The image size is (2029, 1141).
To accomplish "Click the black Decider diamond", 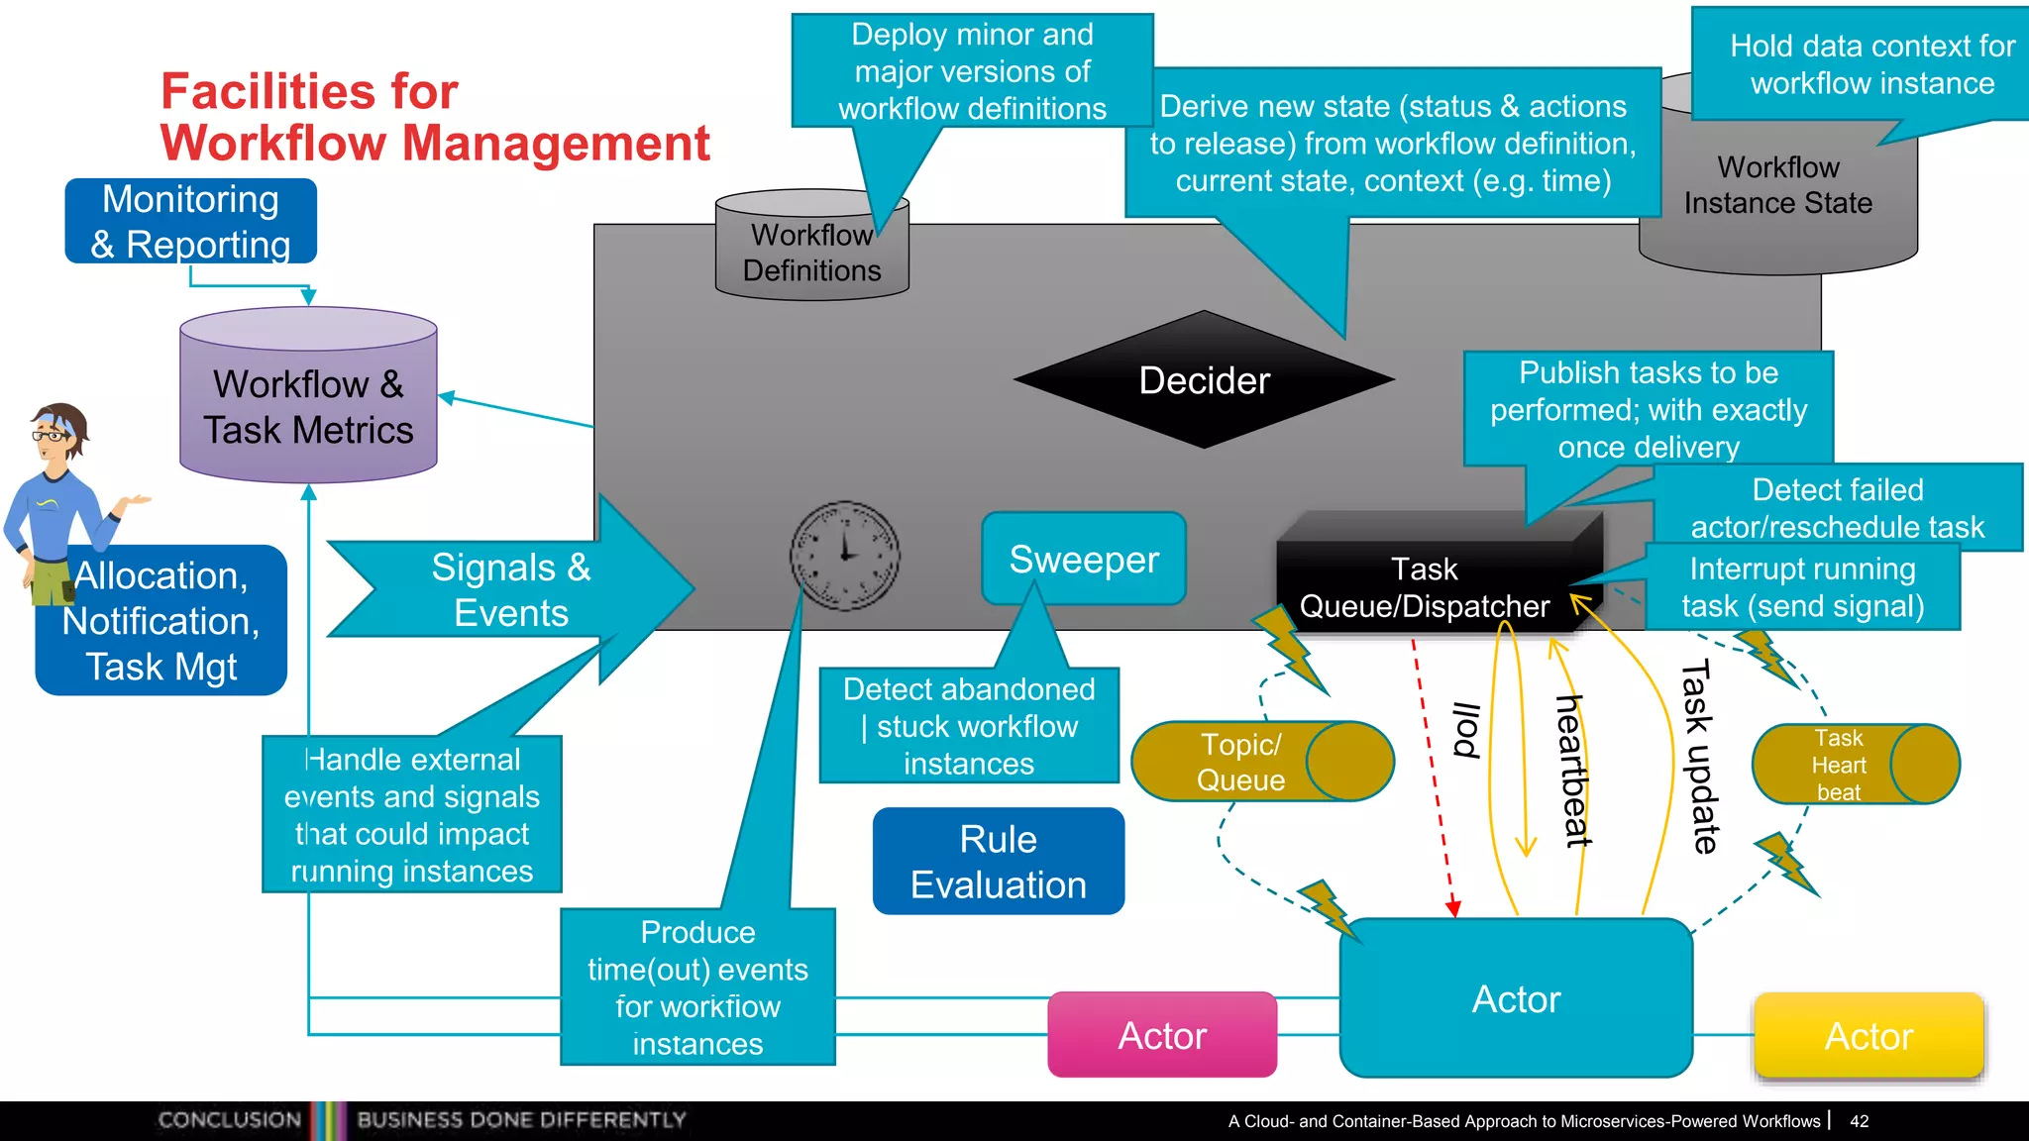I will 1204,380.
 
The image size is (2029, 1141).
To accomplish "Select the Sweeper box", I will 1084,560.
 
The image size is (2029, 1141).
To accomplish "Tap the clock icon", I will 844,556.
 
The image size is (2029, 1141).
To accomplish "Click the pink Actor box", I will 1162,1036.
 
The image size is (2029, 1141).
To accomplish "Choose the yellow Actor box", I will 1869,1036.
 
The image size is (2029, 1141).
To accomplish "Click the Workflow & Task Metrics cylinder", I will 308,406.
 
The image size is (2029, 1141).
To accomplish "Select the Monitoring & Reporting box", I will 191,222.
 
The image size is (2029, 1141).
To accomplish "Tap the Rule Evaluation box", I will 999,862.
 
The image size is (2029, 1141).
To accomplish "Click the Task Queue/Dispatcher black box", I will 1425,587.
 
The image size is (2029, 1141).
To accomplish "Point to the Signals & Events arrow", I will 511,590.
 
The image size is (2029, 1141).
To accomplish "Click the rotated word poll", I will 1465,730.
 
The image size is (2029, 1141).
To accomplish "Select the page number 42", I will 1860,1121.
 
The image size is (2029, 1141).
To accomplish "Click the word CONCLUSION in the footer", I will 230,1120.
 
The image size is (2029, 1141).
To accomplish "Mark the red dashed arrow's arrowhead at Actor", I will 1453,908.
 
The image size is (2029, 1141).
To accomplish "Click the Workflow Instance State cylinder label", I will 1778,185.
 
